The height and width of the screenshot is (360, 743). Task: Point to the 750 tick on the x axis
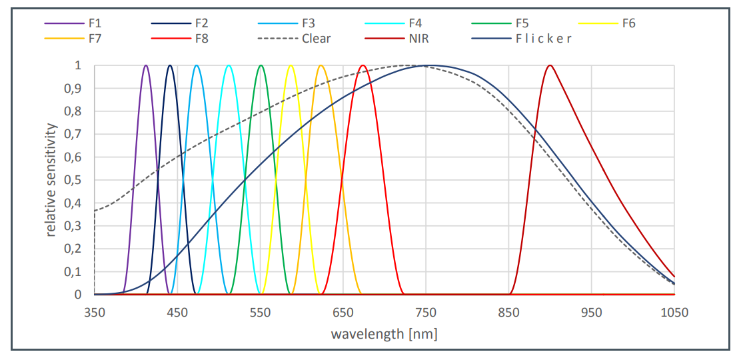[x=426, y=312]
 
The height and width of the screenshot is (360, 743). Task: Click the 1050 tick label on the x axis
[x=674, y=312]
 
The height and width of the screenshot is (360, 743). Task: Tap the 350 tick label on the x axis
[x=95, y=312]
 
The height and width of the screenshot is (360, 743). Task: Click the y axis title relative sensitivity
[x=51, y=180]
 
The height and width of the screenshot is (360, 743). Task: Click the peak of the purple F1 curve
[x=146, y=65]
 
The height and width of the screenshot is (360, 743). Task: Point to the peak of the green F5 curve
[x=261, y=65]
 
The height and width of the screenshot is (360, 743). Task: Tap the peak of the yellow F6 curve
[x=291, y=65]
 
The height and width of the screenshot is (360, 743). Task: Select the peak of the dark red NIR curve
[x=550, y=65]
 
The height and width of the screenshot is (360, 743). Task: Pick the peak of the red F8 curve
[x=363, y=65]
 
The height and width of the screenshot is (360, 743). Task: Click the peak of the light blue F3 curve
[x=197, y=65]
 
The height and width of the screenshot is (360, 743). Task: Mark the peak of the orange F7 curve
[x=321, y=65]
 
